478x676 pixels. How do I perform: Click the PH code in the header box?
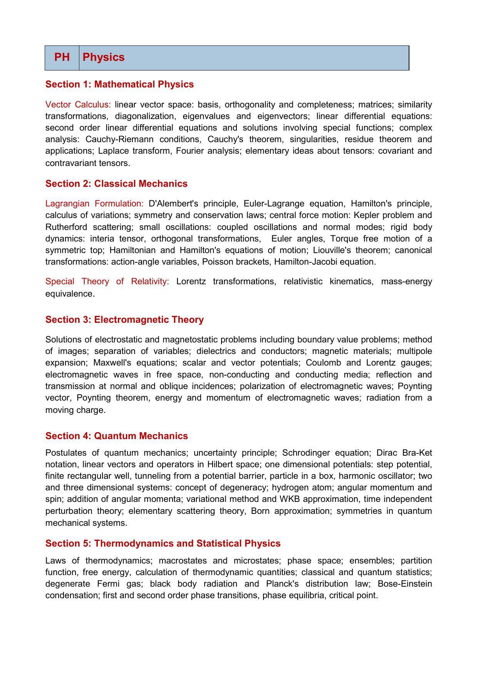62,57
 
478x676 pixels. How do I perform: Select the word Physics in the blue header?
104,57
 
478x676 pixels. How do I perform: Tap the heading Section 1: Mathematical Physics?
119,84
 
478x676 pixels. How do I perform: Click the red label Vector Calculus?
78,105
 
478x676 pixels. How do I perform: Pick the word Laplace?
113,151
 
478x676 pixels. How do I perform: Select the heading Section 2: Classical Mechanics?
116,184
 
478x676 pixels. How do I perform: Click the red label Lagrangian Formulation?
94,204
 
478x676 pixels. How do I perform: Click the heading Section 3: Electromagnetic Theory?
124,320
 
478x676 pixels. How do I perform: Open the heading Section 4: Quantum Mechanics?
117,436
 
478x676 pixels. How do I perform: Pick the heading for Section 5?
163,543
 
